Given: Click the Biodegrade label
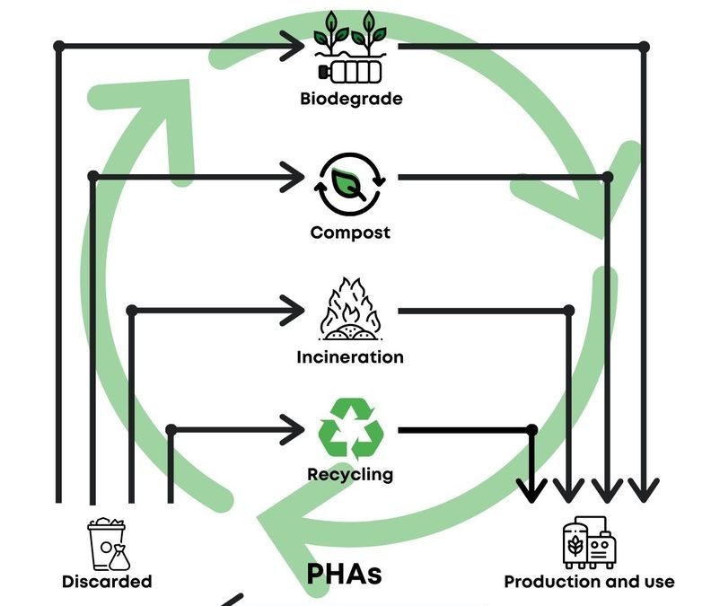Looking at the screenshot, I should coord(351,99).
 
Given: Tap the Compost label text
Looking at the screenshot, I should coord(350,233).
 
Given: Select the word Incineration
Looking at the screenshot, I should coord(350,357).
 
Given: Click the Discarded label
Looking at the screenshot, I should coord(107,582).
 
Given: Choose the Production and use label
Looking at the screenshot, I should coord(589,582).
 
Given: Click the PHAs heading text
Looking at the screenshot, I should coord(345,574).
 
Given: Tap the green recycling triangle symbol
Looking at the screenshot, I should coord(350,429).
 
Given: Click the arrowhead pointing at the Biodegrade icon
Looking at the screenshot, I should coord(294,44).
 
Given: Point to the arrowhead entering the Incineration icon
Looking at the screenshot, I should coord(294,311).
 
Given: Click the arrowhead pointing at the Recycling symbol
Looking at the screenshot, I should coord(294,429).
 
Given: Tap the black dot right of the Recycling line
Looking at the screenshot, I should coord(531,430).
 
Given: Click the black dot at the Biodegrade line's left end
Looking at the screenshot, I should coord(59,45).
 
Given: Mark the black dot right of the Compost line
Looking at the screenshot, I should coord(607,178).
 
